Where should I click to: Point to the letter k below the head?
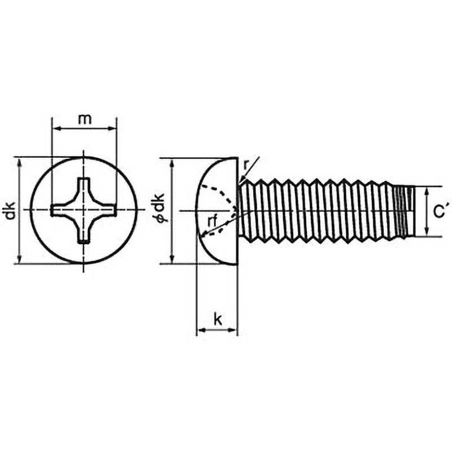coord(218,319)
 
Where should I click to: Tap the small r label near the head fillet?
coord(246,165)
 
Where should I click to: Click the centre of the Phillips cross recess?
coord(84,210)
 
